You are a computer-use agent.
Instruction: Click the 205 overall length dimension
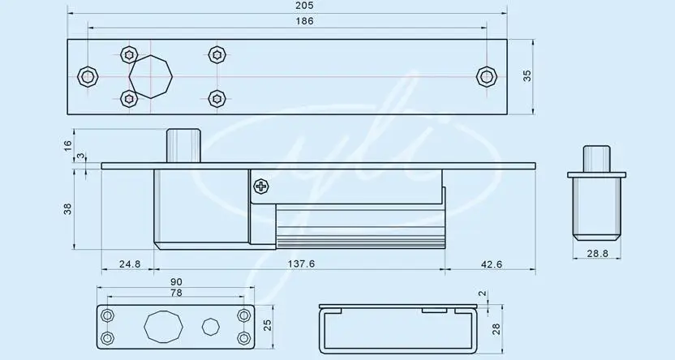305,6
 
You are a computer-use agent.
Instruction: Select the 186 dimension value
305,21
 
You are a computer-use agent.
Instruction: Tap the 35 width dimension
527,75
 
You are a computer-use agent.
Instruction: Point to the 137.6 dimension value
301,264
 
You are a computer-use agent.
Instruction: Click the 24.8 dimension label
130,264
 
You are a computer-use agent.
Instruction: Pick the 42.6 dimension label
491,264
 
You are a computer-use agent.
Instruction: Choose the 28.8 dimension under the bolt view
597,253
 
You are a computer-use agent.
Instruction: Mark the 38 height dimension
67,209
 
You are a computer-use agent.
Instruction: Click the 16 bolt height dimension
67,146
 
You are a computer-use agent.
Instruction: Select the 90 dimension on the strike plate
176,281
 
